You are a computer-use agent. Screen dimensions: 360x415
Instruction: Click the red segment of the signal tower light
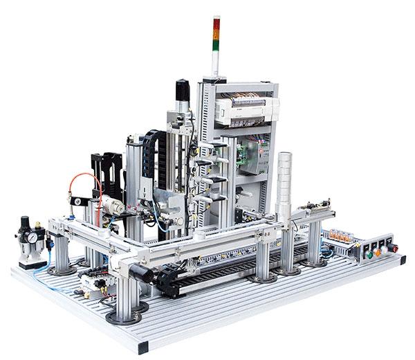(216, 21)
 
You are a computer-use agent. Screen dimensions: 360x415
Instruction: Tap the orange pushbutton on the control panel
(377, 253)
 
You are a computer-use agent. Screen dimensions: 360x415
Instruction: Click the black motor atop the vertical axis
(183, 91)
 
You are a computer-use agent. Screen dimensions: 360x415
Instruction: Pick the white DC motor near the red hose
(113, 206)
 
